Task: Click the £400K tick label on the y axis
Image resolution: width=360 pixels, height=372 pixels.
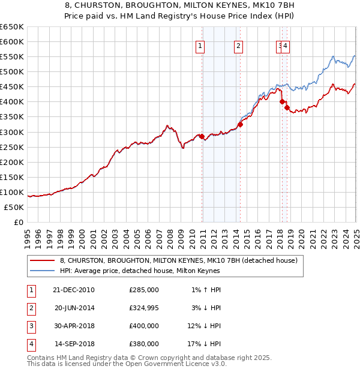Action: point(12,101)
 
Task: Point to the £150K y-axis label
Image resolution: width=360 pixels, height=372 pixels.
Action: point(12,177)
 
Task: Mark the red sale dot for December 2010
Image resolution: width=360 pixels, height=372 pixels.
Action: point(202,136)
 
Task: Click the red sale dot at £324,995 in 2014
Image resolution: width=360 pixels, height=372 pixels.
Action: point(240,124)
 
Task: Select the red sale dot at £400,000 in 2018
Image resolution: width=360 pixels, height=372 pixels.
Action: point(282,101)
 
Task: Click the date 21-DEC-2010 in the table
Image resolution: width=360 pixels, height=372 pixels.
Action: point(74,290)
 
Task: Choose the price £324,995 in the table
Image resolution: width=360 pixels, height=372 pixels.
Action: point(144,308)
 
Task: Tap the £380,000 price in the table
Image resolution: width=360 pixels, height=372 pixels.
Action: point(144,344)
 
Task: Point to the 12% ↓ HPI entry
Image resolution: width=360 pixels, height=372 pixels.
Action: point(205,326)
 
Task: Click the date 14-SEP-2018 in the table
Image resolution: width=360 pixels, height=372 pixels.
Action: point(74,344)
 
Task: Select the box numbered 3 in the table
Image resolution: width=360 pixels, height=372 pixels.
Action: point(31,326)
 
